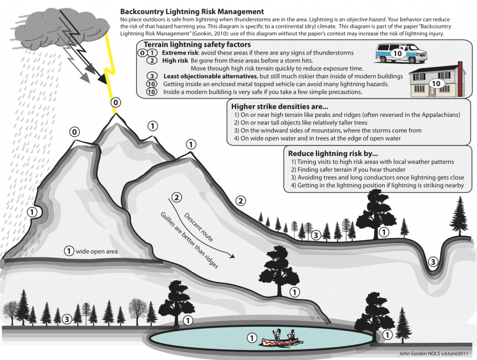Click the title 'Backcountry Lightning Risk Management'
pos(192,11)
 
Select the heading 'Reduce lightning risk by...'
pos(333,153)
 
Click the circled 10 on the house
pos(436,83)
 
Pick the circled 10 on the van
pos(397,53)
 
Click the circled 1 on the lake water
pos(251,338)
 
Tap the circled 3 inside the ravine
pos(434,262)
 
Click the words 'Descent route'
pos(199,227)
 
